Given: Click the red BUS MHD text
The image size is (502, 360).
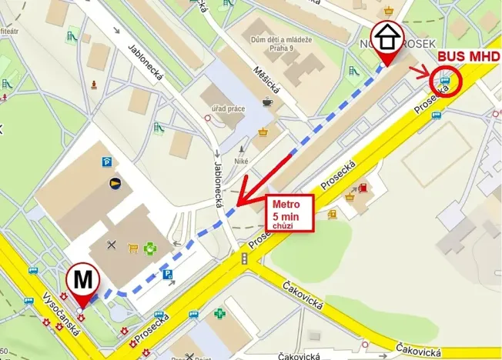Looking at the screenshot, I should pos(469,57).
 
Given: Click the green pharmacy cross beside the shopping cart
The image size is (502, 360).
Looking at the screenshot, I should pos(151,248).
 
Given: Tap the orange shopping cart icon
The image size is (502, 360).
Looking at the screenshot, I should pos(132,248).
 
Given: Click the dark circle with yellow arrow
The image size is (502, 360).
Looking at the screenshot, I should pos(115,183).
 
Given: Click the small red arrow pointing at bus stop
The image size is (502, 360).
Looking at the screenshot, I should pos(420,73).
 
